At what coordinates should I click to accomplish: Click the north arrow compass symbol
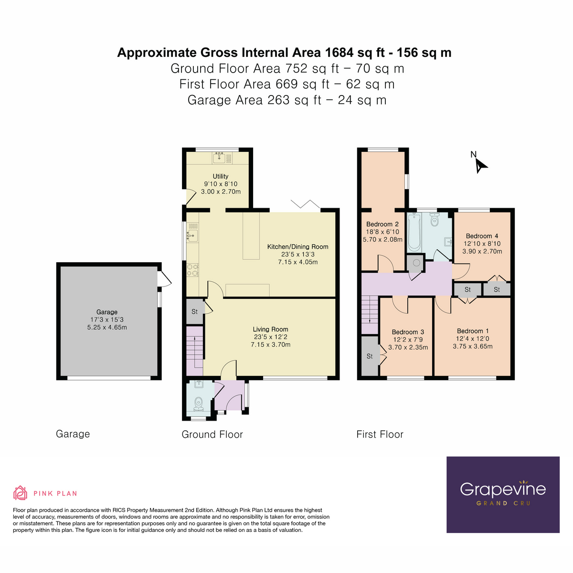pyautogui.click(x=479, y=165)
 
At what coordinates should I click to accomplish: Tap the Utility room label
pyautogui.click(x=220, y=176)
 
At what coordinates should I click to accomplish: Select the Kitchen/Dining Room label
pyautogui.click(x=297, y=246)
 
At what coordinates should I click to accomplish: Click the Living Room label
pyautogui.click(x=270, y=329)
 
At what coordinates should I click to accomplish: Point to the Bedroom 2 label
pyautogui.click(x=382, y=224)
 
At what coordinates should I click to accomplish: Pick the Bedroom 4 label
pyautogui.click(x=482, y=236)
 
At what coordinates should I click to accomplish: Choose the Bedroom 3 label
pyautogui.click(x=408, y=332)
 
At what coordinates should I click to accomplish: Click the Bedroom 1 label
pyautogui.click(x=473, y=331)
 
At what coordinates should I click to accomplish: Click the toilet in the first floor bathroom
pyautogui.click(x=435, y=220)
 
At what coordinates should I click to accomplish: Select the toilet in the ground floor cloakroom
pyautogui.click(x=198, y=404)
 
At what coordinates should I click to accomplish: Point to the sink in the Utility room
pyautogui.click(x=220, y=157)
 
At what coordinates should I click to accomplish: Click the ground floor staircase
pyautogui.click(x=194, y=351)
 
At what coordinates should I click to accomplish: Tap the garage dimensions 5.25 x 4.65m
pyautogui.click(x=107, y=328)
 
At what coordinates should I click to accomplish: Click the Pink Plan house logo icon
pyautogui.click(x=20, y=493)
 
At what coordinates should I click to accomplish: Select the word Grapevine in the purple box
pyautogui.click(x=503, y=489)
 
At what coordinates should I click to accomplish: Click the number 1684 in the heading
pyautogui.click(x=340, y=53)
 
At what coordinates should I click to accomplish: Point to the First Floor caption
pyautogui.click(x=380, y=435)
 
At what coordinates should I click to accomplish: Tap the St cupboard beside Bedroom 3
pyautogui.click(x=370, y=356)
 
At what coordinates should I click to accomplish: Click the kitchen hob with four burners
pyautogui.click(x=192, y=269)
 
